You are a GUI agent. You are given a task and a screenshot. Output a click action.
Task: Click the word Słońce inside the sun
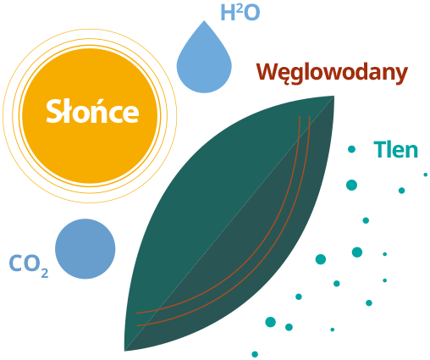[x=92, y=111]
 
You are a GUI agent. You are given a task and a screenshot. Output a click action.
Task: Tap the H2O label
[x=240, y=13]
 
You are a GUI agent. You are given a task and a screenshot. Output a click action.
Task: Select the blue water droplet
[x=204, y=57]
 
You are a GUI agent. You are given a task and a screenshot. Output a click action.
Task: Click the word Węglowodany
[x=332, y=73]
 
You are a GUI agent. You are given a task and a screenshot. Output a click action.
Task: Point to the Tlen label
[x=395, y=150]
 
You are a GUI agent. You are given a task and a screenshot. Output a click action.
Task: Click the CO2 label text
[x=29, y=265]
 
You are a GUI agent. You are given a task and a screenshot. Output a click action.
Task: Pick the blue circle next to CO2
[x=85, y=249]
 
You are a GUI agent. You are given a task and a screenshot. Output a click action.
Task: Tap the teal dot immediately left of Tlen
[x=351, y=149]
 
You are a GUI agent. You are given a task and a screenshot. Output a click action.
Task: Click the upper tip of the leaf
[x=334, y=97]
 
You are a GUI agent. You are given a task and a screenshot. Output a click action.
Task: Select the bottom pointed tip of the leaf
[x=125, y=351]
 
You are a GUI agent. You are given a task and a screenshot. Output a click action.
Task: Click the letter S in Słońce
[x=53, y=111]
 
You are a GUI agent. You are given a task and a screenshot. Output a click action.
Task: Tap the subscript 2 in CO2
[x=45, y=273]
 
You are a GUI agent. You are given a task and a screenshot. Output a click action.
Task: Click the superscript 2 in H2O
[x=239, y=8]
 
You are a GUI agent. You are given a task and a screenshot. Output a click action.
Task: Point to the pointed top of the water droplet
[x=204, y=21]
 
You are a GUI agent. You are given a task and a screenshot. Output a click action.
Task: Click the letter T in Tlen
[x=379, y=150]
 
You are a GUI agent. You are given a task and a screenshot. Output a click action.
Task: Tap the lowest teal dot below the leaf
[x=255, y=354]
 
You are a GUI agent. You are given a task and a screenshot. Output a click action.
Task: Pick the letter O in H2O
[x=251, y=13]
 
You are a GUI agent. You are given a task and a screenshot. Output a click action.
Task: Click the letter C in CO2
[x=15, y=263]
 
